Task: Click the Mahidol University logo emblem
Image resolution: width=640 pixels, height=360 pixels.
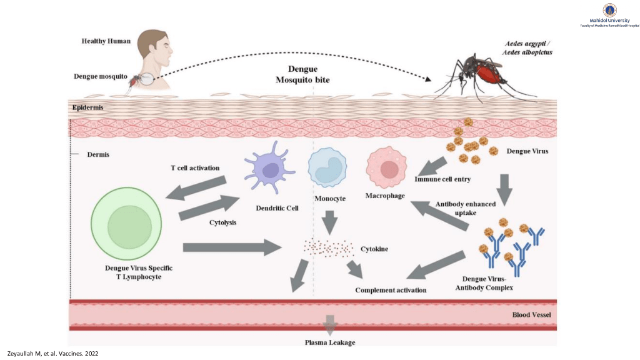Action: [x=609, y=9]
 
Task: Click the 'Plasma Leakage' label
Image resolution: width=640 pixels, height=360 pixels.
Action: [x=330, y=342]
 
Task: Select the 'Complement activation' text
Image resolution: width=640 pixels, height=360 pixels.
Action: [x=391, y=290]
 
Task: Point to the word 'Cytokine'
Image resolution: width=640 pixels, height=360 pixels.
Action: [x=374, y=249]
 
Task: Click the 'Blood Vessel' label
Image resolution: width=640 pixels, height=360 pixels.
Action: [x=531, y=315]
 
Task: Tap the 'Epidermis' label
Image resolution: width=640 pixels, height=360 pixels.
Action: [x=87, y=107]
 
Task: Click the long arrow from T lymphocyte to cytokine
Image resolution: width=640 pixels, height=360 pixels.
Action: [x=231, y=247]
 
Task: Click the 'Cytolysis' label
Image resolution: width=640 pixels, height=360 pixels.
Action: [x=222, y=223]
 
